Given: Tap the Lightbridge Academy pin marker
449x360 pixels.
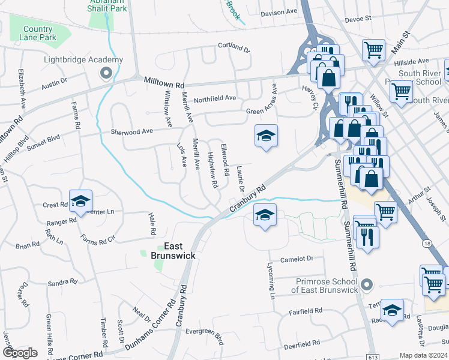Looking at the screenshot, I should coord(106,73).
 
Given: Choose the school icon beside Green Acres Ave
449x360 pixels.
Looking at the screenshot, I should coord(265,136).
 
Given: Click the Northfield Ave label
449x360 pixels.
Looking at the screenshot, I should coord(215,98).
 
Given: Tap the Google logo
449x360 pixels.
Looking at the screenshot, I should coord(20,352).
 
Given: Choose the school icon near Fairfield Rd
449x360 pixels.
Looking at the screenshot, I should coord(392,311).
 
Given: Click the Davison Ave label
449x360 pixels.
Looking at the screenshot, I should coord(279,11).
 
